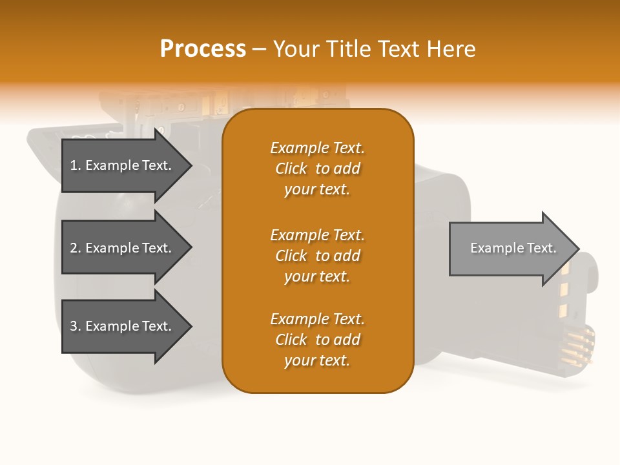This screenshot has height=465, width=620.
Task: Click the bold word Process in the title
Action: (203, 49)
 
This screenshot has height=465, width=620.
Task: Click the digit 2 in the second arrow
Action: (73, 248)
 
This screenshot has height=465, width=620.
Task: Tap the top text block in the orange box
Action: (317, 169)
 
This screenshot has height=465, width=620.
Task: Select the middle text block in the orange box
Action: (317, 256)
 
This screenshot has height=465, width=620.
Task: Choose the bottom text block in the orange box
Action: (317, 340)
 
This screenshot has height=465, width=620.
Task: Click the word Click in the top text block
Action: (291, 169)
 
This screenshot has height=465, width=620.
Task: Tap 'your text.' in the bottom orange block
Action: (317, 361)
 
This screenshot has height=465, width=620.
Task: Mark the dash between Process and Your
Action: (259, 50)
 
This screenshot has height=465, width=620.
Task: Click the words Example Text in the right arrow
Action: (513, 248)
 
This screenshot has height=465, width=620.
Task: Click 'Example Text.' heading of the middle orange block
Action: (317, 235)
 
